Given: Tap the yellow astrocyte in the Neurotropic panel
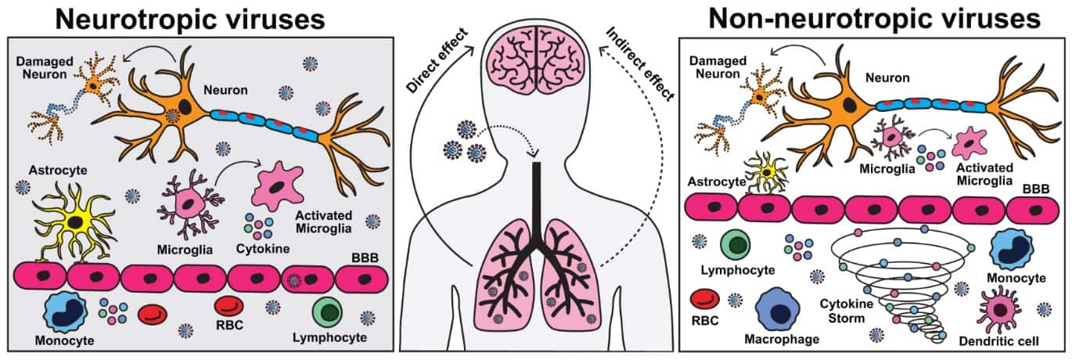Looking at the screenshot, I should [75, 221].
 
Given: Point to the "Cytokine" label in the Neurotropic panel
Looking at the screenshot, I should [263, 248].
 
